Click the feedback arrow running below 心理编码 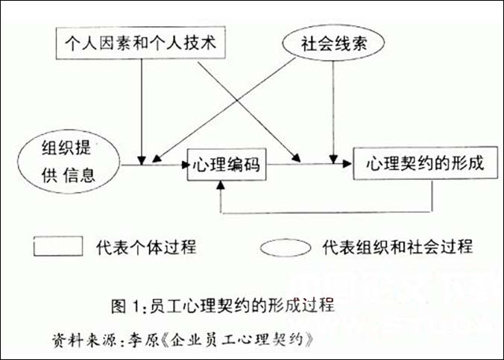[328, 213]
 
